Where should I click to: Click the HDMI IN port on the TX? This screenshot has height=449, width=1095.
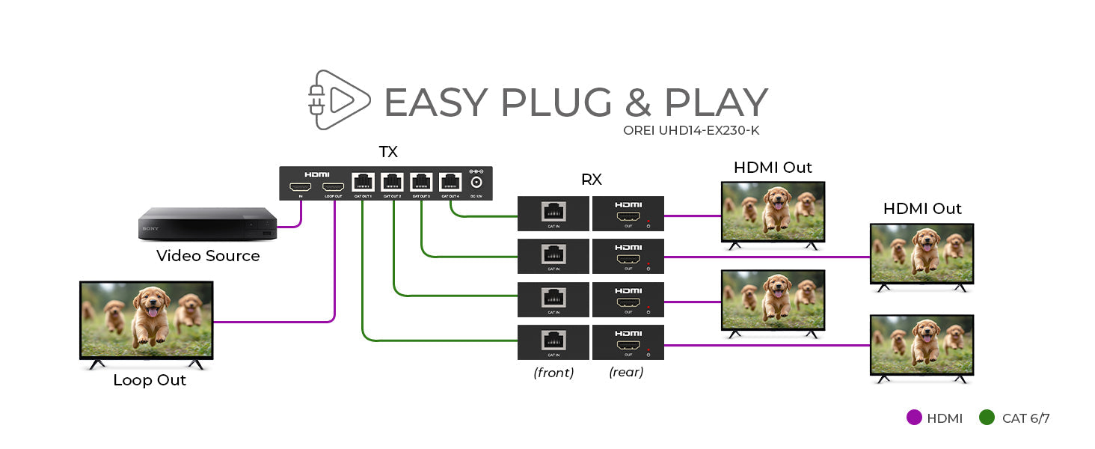click(x=301, y=186)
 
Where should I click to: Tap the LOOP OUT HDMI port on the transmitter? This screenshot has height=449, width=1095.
click(x=333, y=186)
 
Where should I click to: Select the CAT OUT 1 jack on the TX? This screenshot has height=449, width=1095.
click(x=363, y=182)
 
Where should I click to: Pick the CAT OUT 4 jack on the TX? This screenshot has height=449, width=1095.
click(x=450, y=182)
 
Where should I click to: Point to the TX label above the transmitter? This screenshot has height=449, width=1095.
click(x=387, y=152)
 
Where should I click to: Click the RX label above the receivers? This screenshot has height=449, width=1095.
click(x=591, y=180)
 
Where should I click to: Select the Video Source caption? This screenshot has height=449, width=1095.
click(x=208, y=256)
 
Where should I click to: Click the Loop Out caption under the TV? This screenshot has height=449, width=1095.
click(x=150, y=380)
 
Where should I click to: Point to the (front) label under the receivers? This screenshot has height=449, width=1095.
click(x=553, y=372)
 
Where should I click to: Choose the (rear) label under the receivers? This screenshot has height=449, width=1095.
click(x=626, y=372)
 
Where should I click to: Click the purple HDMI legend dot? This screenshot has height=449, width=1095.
click(x=913, y=418)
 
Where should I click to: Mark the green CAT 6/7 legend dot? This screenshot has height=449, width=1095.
click(x=987, y=418)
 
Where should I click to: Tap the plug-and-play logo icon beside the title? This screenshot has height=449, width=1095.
click(x=339, y=100)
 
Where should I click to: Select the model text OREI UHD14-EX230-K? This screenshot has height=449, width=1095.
click(x=691, y=129)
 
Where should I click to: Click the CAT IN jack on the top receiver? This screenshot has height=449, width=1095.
click(x=553, y=211)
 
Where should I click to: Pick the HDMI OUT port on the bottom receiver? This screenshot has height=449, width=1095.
click(x=628, y=345)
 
